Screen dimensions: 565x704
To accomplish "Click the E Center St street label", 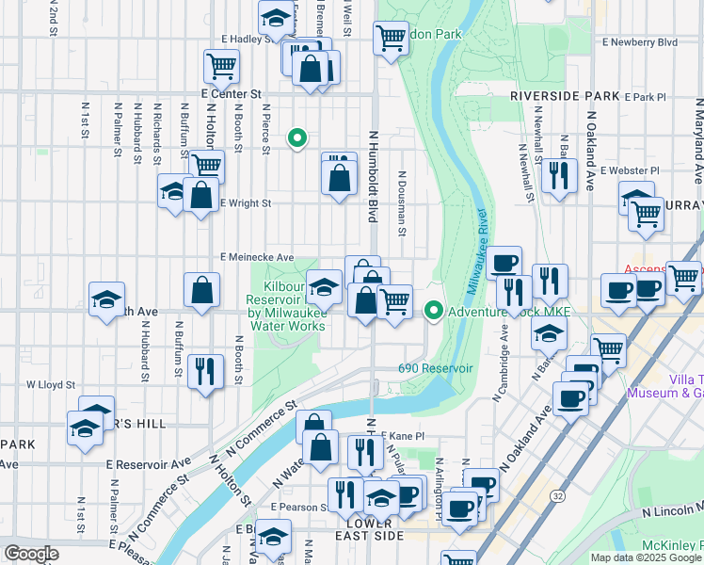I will coord(231,94).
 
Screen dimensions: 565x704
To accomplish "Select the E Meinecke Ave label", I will coord(257,257).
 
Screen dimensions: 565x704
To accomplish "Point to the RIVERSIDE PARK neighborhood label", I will coord(565,96).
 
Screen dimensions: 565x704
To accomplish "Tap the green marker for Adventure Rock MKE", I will coord(433,309).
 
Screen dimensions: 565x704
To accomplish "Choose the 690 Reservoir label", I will coord(435,368).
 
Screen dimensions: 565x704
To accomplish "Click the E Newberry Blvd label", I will coord(640,42).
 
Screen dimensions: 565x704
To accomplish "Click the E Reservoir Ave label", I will coord(149,464).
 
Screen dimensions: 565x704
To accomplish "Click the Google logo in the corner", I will coord(31,554).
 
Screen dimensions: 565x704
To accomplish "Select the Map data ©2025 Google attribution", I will coord(646,557).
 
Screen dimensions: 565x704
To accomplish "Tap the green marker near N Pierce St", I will coord(297,138).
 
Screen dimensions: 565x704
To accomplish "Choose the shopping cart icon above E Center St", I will coord(221,66).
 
